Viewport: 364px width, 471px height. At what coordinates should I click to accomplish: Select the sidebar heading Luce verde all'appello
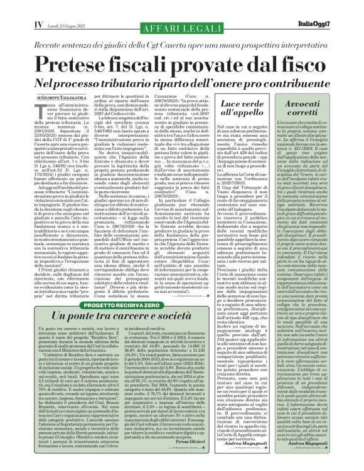pos(241,109)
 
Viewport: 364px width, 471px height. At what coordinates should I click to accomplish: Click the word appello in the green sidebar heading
pos(241,115)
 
